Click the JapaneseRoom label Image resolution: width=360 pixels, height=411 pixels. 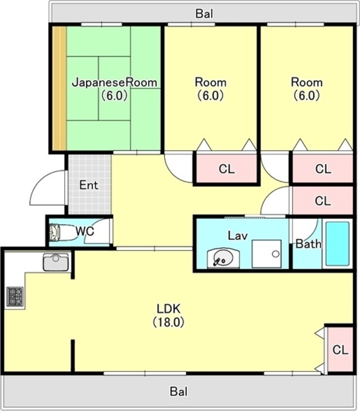tap(114, 82)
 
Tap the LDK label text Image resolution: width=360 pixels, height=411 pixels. tap(169, 309)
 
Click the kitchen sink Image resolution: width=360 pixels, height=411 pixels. tap(56, 262)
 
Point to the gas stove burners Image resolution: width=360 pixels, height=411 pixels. tap(15, 296)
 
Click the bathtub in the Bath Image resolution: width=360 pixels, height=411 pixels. tap(337, 243)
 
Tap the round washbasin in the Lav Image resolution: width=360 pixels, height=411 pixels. tap(223, 258)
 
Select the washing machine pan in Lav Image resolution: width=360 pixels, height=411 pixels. tap(266, 254)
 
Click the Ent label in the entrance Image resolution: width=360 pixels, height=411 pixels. tap(89, 185)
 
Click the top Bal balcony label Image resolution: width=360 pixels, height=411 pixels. tap(204, 13)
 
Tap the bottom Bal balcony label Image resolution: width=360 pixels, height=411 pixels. tap(179, 392)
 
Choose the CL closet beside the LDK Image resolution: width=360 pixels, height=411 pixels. tap(340, 349)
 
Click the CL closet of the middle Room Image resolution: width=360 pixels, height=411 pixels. tap(227, 169)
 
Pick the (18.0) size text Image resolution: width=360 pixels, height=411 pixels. tap(169, 322)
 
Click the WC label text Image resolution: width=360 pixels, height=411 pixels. tap(85, 231)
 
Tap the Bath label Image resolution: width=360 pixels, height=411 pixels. tap(309, 244)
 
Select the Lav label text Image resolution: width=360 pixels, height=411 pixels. tap(237, 236)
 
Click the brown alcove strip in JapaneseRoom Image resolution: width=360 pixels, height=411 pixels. tap(60, 89)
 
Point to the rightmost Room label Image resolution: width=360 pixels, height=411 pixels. tap(307, 82)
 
